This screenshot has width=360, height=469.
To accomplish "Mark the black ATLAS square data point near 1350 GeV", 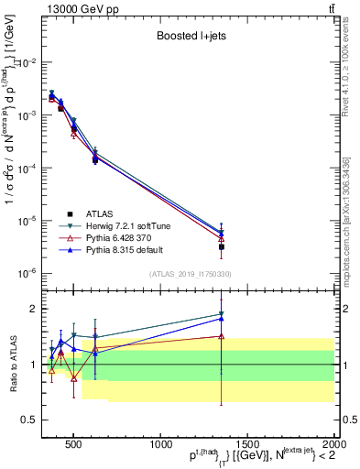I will [221, 246].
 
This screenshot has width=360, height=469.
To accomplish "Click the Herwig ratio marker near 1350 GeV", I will [221, 314].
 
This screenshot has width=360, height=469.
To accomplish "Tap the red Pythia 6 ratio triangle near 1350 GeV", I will [221, 336].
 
